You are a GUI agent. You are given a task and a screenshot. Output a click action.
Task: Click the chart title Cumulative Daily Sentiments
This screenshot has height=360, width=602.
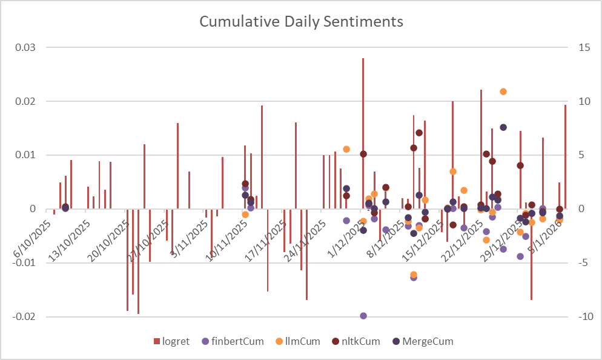[301, 22]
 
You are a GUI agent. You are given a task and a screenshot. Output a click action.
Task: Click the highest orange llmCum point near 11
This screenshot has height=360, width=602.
[503, 92]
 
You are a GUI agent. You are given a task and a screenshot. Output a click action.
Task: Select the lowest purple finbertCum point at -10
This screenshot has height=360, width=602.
[363, 316]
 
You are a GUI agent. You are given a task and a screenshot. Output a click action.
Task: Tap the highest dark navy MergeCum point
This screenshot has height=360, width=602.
[503, 127]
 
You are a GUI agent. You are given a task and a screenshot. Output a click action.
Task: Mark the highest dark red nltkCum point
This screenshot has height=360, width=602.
[419, 133]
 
